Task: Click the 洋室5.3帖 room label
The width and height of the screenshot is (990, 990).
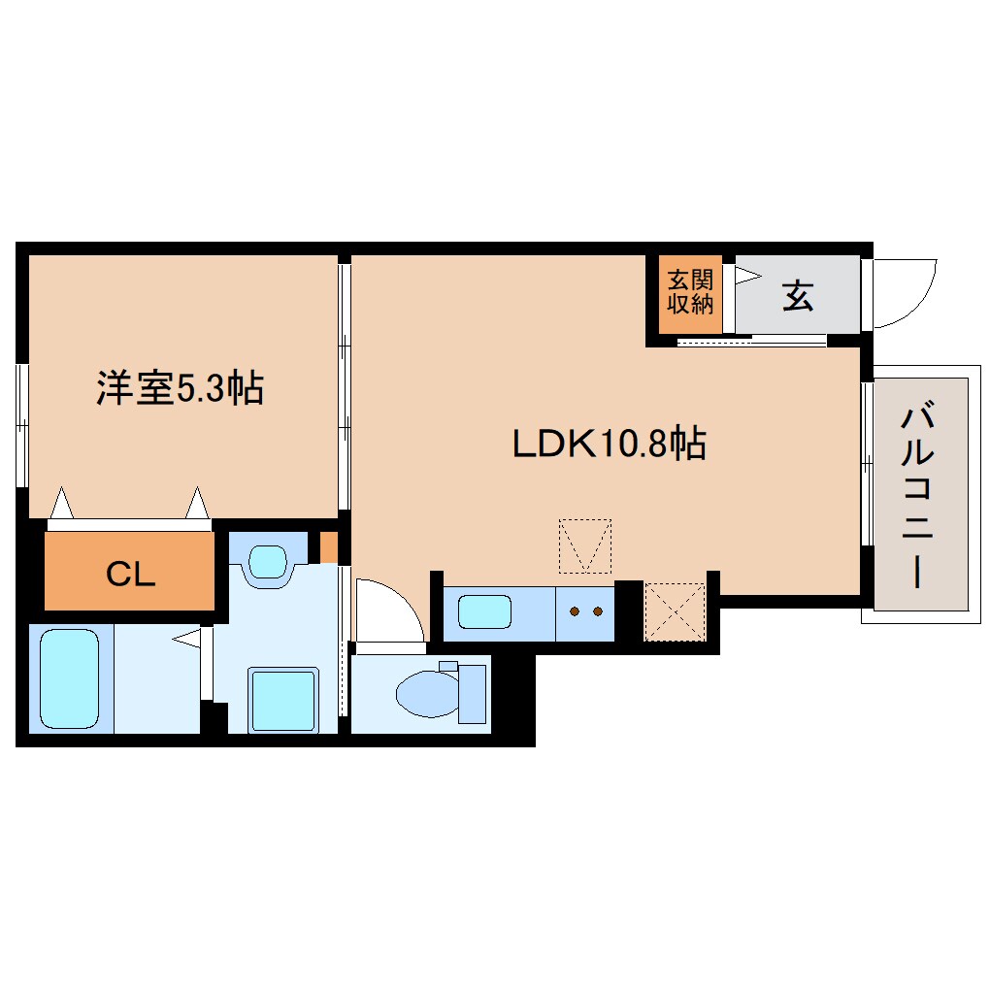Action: click(x=180, y=387)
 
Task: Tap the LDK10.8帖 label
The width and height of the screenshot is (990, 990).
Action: click(x=609, y=444)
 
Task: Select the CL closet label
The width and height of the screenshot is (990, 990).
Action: click(x=131, y=575)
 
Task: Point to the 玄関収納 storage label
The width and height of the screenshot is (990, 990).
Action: click(x=690, y=292)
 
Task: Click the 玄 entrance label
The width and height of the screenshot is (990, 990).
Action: click(x=798, y=295)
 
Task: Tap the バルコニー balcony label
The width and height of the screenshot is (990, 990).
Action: click(x=917, y=495)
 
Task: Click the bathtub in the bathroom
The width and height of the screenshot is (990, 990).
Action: click(x=70, y=678)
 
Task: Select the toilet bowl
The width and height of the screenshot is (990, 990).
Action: click(x=427, y=694)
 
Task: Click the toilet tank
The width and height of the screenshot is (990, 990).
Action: click(x=472, y=693)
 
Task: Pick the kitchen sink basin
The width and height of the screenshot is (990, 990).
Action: click(x=484, y=611)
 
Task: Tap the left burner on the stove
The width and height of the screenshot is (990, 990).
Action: click(x=575, y=611)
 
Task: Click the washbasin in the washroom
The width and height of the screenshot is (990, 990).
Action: click(x=268, y=562)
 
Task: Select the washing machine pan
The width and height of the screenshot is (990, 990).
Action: click(x=282, y=700)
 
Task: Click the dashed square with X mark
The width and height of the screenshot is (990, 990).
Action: click(x=675, y=611)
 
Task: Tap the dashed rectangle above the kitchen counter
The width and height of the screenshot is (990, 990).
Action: click(x=585, y=546)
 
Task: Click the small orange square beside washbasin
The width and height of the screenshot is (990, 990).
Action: click(x=328, y=547)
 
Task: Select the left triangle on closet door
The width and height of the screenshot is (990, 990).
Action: click(x=61, y=503)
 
